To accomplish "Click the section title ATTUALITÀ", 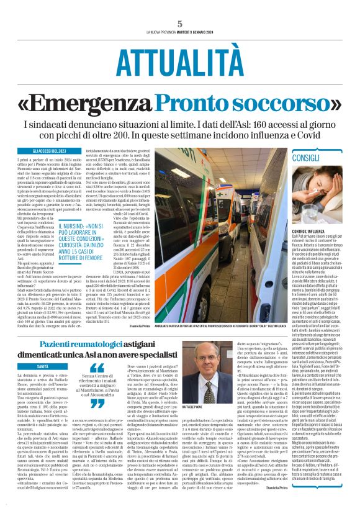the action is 179,63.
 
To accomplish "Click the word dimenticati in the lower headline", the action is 73,356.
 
